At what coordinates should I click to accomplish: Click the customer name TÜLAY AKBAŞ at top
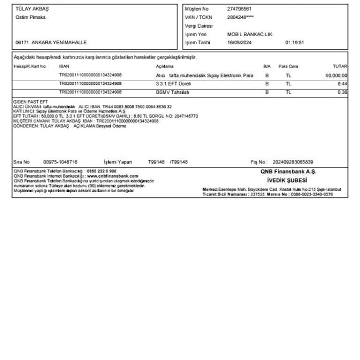(32, 9)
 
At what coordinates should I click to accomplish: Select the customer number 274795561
(239, 9)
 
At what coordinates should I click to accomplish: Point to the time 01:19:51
(295, 43)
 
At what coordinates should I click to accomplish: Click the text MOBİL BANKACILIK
(249, 34)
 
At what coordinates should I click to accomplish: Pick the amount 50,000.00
(336, 75)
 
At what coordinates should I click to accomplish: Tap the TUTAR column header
(340, 67)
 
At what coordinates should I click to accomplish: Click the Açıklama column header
(165, 67)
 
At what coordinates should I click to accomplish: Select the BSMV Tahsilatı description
(172, 92)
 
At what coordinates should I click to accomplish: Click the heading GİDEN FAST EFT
(30, 102)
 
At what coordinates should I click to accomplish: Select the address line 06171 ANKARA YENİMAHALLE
(51, 43)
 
